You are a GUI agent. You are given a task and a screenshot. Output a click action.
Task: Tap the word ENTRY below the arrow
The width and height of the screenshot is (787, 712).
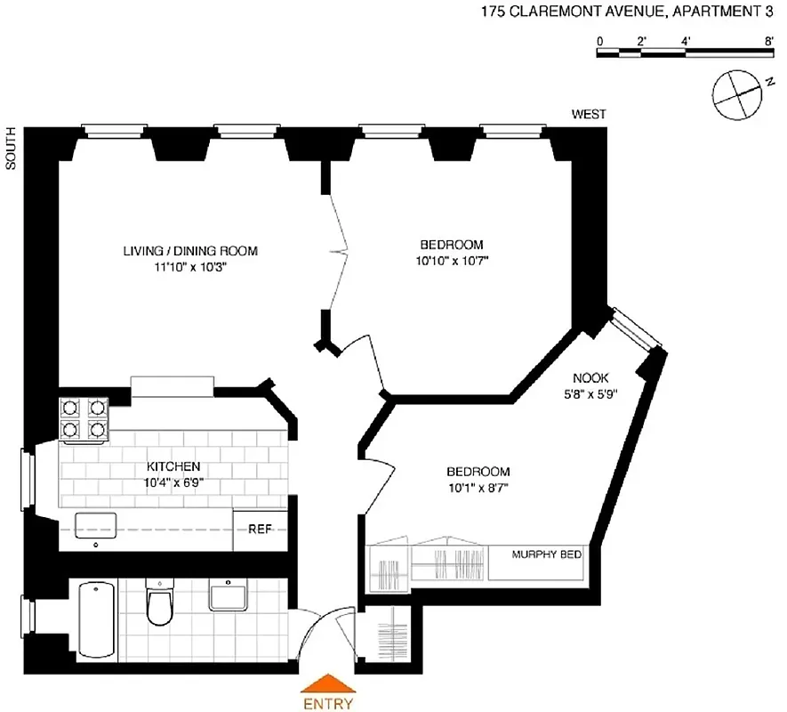pyautogui.click(x=328, y=703)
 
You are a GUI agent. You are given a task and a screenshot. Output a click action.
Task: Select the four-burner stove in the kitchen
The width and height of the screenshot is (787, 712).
pyautogui.click(x=84, y=419)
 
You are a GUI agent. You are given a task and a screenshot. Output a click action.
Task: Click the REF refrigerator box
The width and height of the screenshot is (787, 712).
pyautogui.click(x=260, y=529)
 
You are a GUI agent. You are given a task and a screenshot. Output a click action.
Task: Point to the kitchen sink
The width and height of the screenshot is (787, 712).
pyautogui.click(x=96, y=526)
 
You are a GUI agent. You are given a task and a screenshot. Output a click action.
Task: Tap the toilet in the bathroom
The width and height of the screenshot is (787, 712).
pyautogui.click(x=162, y=605)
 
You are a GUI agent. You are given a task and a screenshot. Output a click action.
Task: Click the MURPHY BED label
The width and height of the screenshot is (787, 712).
pyautogui.click(x=546, y=554)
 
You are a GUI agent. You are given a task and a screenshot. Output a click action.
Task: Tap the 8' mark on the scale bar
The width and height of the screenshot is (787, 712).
pyautogui.click(x=768, y=41)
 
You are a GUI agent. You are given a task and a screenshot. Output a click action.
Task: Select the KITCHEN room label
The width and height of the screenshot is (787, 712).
pyautogui.click(x=173, y=466)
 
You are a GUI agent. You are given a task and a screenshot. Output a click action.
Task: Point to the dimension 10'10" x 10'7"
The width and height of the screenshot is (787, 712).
pyautogui.click(x=452, y=261)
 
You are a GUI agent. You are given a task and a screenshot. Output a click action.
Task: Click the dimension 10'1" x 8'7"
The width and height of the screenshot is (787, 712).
pyautogui.click(x=478, y=487)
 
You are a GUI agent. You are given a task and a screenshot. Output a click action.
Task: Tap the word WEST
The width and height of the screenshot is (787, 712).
pyautogui.click(x=589, y=114)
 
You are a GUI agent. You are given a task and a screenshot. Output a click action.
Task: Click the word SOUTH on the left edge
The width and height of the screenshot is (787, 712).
pyautogui.click(x=12, y=148)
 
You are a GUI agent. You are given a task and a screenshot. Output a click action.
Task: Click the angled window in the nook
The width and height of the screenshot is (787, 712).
pyautogui.click(x=636, y=328)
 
